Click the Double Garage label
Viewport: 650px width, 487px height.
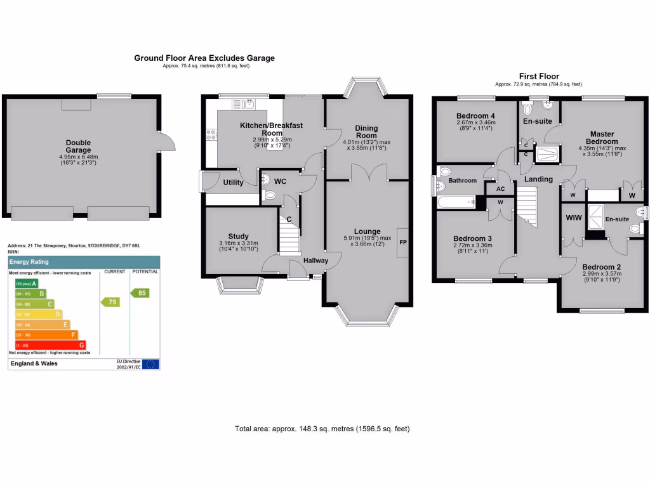(78, 146)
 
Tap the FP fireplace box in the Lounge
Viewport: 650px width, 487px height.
(402, 242)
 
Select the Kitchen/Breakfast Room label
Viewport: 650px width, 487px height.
(271, 129)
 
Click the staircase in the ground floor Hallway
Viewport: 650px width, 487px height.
(289, 241)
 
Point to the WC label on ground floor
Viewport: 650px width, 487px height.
(280, 181)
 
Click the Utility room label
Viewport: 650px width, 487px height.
(233, 183)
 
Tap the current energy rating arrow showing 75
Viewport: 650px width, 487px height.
(110, 302)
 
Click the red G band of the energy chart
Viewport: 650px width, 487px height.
(50, 344)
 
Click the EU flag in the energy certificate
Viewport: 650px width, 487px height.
(150, 364)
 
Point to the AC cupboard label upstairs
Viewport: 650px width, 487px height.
(500, 188)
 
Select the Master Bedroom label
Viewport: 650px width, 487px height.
(602, 138)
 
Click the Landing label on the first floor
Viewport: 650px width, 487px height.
(538, 179)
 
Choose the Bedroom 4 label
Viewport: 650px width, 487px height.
(475, 115)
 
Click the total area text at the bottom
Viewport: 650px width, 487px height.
(322, 429)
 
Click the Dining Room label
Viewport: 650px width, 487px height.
(366, 131)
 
